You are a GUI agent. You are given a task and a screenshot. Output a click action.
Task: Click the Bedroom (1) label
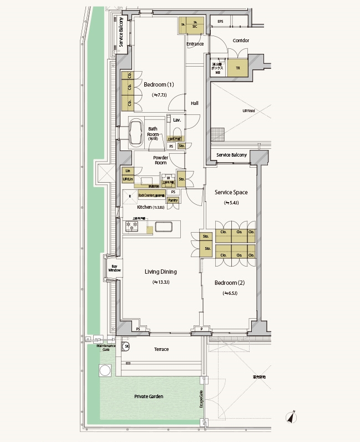pyautogui.click(x=159, y=85)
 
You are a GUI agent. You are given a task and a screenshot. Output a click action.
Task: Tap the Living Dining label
pyautogui.click(x=160, y=272)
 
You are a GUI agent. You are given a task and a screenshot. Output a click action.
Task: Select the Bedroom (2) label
pyautogui.click(x=230, y=283)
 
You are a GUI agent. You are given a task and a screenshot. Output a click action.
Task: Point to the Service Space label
pyautogui.click(x=231, y=192)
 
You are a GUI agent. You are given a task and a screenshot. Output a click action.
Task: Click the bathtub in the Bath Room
pyautogui.click(x=136, y=134)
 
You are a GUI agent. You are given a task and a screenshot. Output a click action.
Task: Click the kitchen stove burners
pyautogui.click(x=131, y=225)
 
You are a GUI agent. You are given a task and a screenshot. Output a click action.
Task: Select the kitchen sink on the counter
pyautogui.click(x=164, y=227)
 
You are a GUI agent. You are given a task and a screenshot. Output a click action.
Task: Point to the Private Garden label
pyautogui.click(x=148, y=396)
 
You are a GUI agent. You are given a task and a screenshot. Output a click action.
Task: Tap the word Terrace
pyautogui.click(x=161, y=349)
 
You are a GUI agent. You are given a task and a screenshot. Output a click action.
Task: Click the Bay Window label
pyautogui.click(x=115, y=269)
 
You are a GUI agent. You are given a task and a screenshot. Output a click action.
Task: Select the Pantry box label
pyautogui.click(x=173, y=200)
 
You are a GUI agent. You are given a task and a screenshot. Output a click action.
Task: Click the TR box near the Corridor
pyautogui.click(x=237, y=68)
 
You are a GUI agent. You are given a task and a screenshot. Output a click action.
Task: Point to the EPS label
pyautogui.click(x=220, y=22)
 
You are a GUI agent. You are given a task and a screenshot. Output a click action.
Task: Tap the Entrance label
pyautogui.click(x=195, y=44)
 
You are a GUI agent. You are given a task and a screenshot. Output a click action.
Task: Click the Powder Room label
pyautogui.click(x=161, y=160)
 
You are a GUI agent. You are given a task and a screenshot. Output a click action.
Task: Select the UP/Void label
pyautogui.click(x=249, y=111)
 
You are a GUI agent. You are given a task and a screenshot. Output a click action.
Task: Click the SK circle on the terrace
pyautogui.click(x=126, y=346)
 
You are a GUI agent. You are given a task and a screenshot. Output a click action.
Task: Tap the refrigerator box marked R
pyautogui.click(x=129, y=196)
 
